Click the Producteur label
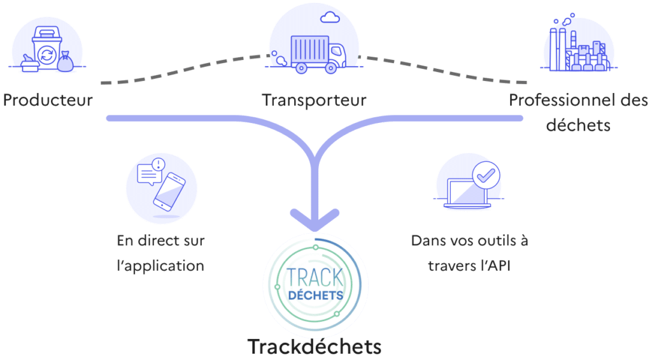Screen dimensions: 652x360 tap(48, 100)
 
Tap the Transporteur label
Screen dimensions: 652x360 tap(314, 100)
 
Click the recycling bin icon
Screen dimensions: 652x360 tap(46, 49)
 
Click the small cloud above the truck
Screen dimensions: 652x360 tap(330, 17)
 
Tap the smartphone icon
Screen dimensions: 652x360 tap(169, 192)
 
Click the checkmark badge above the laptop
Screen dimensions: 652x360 tap(486, 175)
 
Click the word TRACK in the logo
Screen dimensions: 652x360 tap(315, 278)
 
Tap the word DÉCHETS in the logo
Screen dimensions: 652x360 tap(316, 296)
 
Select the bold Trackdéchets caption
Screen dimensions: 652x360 tap(315, 347)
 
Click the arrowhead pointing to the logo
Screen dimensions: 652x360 tap(315, 220)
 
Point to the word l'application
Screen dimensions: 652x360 tap(160, 266)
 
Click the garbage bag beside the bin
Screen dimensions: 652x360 tap(66, 62)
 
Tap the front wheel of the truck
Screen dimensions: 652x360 tap(330, 68)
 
